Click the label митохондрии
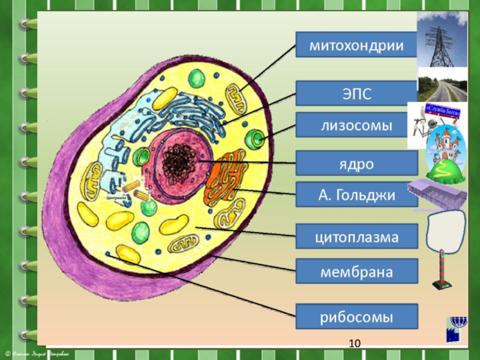click(x=356, y=44)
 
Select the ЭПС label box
click(x=356, y=93)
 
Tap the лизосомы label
click(x=356, y=125)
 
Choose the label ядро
click(x=356, y=163)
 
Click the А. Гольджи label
click(x=356, y=194)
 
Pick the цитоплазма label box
click(x=356, y=236)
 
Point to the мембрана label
click(x=356, y=271)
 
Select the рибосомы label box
click(x=356, y=316)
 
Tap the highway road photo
click(x=443, y=88)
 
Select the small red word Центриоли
click(x=115, y=196)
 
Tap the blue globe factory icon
click(x=454, y=331)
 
